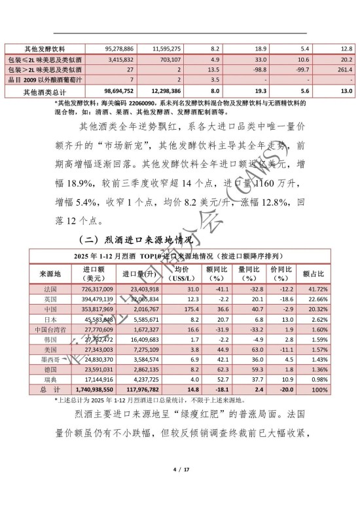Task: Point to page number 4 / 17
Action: coord(180,488)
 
